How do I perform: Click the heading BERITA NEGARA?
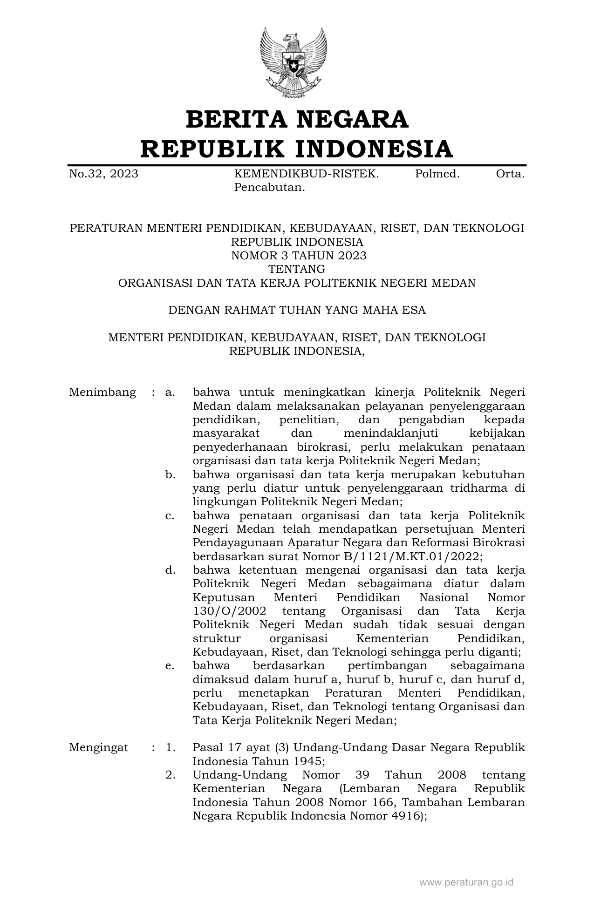297,120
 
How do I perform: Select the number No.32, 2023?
103,174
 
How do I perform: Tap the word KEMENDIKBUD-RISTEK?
306,174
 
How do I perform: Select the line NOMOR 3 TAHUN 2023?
299,256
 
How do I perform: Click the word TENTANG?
297,269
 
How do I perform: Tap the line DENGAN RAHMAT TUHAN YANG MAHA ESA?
297,310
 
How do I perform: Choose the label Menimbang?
102,393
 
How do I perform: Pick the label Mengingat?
99,748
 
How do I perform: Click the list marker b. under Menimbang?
170,475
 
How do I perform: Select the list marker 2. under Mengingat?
170,775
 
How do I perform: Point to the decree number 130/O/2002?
229,611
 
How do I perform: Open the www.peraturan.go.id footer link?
466,882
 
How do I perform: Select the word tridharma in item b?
481,488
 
